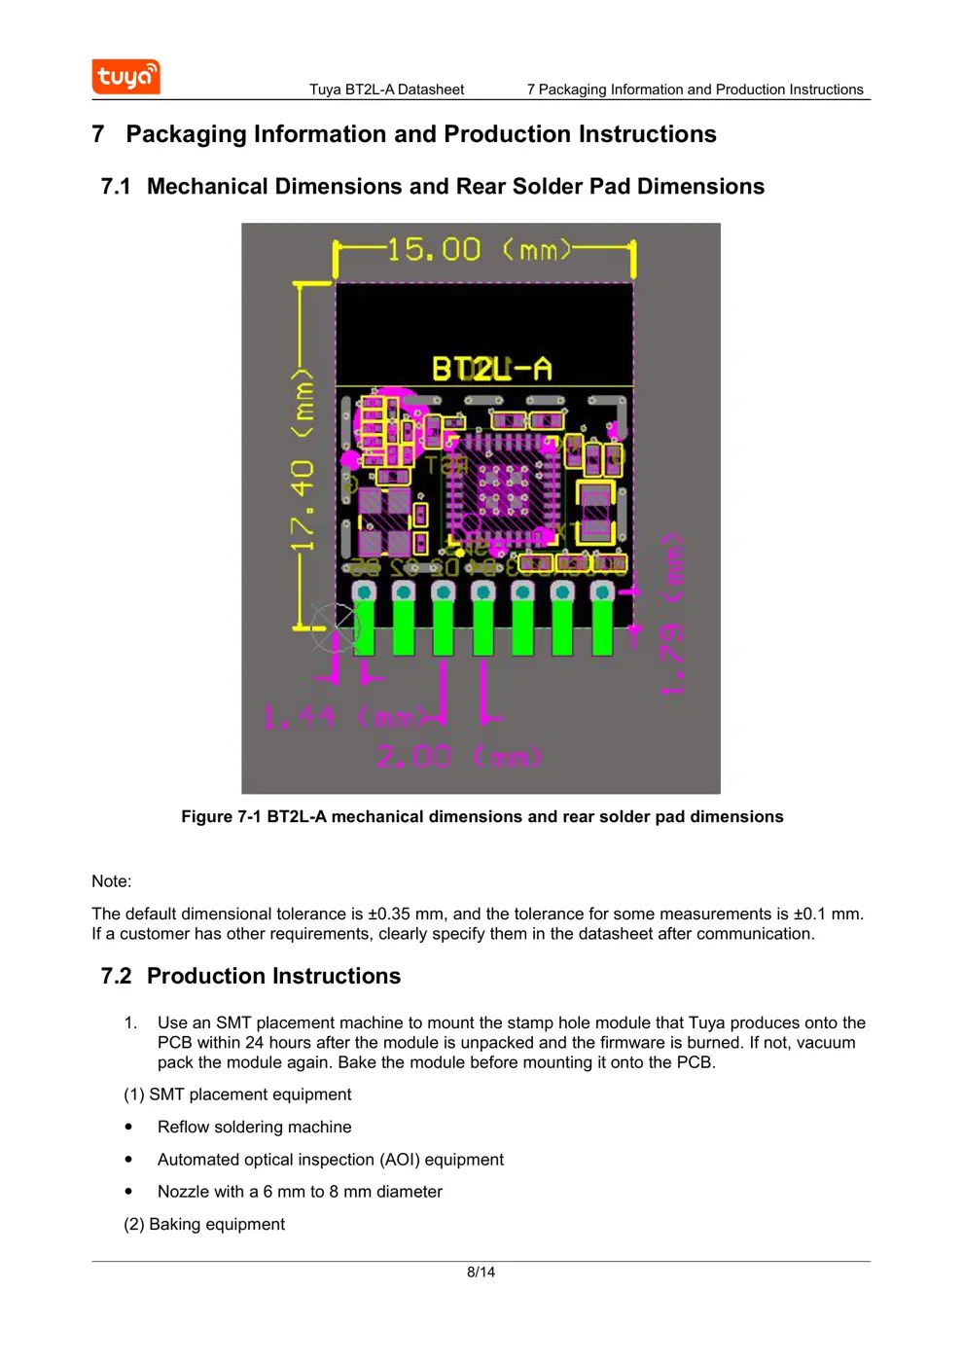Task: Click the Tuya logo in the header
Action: [x=125, y=77]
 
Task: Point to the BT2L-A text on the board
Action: [x=491, y=369]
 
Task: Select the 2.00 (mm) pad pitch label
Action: [x=459, y=757]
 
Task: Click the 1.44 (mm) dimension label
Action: [x=345, y=718]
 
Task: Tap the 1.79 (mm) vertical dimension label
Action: [x=673, y=614]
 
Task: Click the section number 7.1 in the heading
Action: [x=116, y=187]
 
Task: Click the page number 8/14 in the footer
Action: [x=481, y=1272]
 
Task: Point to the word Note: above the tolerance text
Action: [x=111, y=881]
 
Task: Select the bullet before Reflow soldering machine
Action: [x=128, y=1127]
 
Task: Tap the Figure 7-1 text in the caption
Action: [x=221, y=817]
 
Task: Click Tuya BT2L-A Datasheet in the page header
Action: [x=386, y=90]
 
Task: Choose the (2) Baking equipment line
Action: [x=204, y=1224]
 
